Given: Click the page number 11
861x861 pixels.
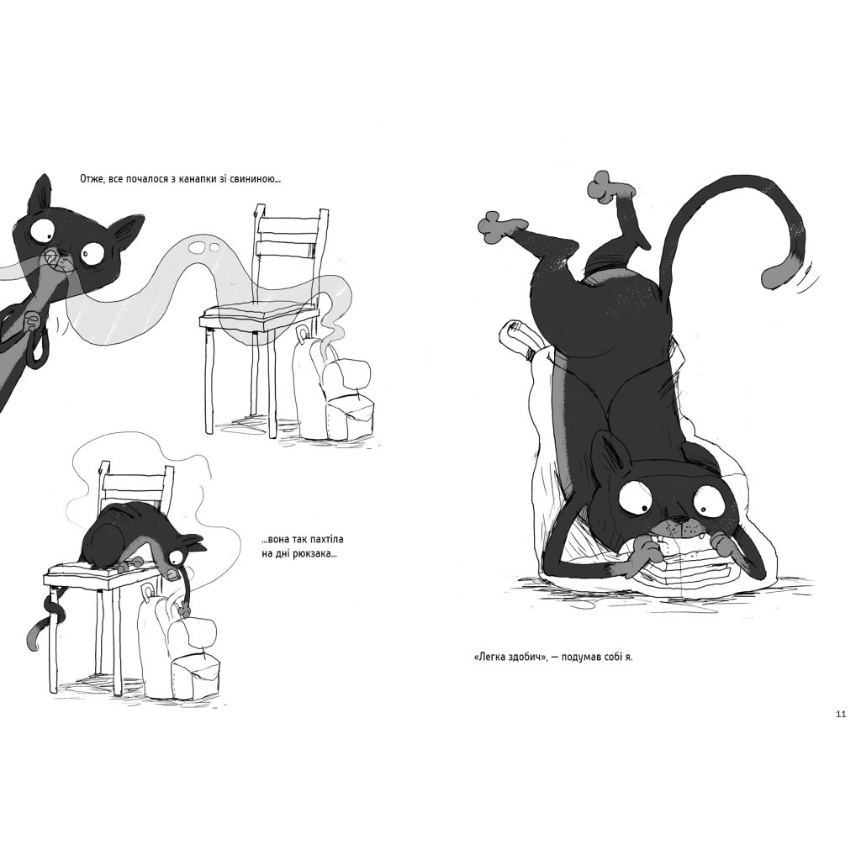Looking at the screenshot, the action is tap(841, 715).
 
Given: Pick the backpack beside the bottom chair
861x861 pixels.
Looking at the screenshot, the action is tap(179, 646).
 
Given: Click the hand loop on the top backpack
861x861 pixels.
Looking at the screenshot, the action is tap(303, 334).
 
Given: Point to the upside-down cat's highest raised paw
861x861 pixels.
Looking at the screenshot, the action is tap(603, 186).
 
